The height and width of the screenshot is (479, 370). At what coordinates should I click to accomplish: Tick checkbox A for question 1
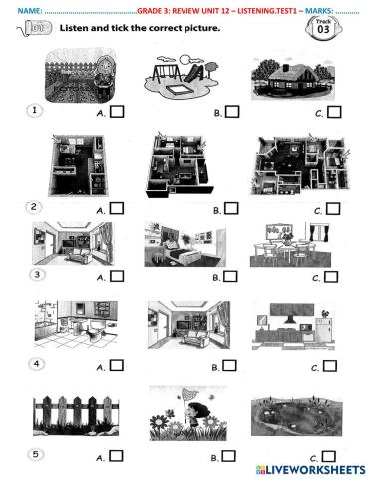117,112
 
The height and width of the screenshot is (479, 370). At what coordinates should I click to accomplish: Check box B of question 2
231,208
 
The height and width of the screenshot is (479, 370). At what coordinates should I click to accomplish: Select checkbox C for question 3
331,277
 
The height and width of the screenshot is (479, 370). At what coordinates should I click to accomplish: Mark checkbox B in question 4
229,365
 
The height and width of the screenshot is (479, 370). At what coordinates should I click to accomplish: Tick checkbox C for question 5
329,456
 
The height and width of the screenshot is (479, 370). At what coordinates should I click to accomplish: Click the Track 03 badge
323,27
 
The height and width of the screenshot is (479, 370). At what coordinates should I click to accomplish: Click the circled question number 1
34,110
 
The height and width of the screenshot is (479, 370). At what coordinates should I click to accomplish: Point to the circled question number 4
36,364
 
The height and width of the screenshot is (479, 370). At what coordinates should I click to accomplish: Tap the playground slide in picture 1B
192,73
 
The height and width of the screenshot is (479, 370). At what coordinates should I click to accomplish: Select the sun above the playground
185,60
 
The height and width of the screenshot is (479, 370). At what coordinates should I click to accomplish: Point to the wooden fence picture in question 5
76,415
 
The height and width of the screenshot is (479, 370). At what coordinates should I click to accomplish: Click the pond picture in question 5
296,416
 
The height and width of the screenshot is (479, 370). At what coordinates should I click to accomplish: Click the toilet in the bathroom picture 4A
93,334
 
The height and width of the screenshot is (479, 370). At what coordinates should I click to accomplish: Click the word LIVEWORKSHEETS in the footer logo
315,470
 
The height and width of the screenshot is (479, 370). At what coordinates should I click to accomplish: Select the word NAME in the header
29,11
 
